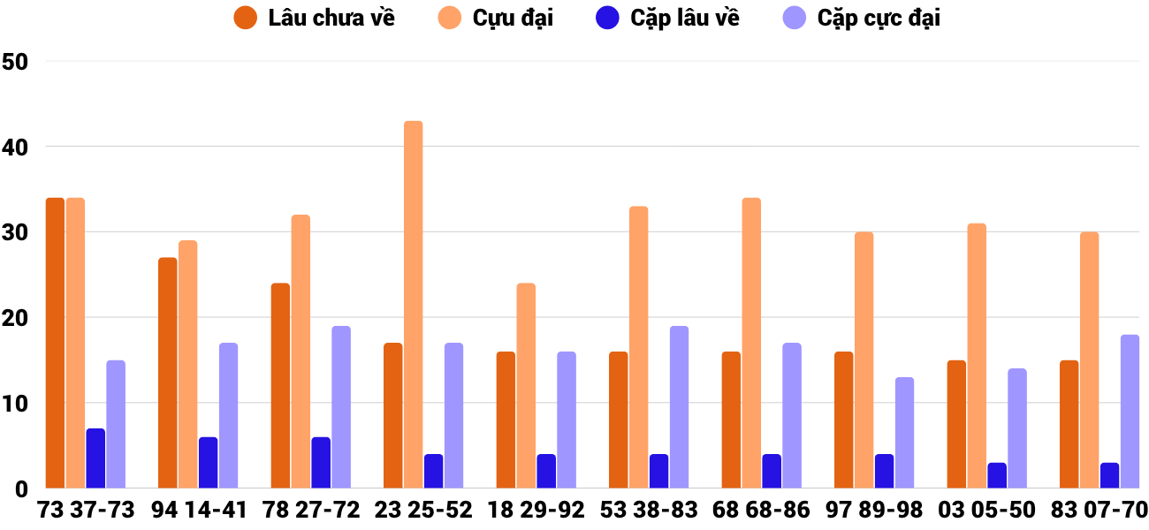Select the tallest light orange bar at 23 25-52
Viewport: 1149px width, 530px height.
414,305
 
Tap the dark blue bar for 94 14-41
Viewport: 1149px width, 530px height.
209,463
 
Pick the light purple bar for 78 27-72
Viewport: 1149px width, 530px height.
341,407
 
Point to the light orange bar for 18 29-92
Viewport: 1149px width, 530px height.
526,386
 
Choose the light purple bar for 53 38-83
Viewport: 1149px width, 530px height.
679,407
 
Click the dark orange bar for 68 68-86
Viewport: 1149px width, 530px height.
731,420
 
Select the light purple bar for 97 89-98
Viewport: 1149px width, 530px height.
904,433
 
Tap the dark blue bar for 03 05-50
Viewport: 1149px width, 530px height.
997,475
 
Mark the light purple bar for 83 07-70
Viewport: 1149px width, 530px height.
1130,412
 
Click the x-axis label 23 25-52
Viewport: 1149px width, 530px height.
423,511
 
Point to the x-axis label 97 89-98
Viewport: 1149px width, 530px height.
874,511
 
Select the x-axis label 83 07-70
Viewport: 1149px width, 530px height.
1099,511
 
